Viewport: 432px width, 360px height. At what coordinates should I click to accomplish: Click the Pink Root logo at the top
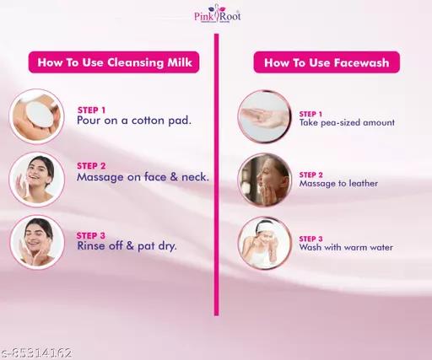(x=218, y=13)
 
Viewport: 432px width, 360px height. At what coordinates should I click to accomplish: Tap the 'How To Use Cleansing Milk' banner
(x=114, y=62)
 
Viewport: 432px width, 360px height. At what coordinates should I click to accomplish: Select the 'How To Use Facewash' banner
(x=327, y=62)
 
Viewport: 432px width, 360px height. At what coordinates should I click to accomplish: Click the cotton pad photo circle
(x=37, y=116)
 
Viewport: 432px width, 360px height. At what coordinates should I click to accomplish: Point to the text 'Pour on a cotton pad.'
(x=134, y=121)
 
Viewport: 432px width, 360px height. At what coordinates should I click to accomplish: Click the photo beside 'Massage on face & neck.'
(x=37, y=180)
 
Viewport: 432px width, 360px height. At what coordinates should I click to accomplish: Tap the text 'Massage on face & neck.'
(x=143, y=177)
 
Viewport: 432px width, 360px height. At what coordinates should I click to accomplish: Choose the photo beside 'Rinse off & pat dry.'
(x=37, y=242)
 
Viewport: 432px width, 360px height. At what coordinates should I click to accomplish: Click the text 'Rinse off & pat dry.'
(x=127, y=246)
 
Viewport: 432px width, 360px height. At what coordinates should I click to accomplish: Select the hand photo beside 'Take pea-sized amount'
(x=264, y=116)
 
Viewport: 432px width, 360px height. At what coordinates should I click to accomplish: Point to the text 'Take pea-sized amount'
(x=347, y=123)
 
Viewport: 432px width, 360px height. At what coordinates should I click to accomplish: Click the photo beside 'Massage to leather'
(x=264, y=180)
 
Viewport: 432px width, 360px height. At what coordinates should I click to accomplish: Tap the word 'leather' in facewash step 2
(x=363, y=184)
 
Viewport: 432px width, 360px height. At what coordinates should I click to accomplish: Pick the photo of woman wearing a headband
(x=264, y=243)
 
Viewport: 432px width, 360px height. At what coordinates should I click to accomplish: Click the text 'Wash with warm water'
(x=346, y=247)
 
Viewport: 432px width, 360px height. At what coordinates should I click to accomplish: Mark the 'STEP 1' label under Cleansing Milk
(x=91, y=110)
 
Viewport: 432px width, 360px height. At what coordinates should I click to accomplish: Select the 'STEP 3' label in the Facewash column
(x=310, y=239)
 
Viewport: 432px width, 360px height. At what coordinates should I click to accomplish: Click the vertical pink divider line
(x=216, y=175)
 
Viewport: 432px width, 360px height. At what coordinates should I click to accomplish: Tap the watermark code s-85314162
(x=36, y=353)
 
